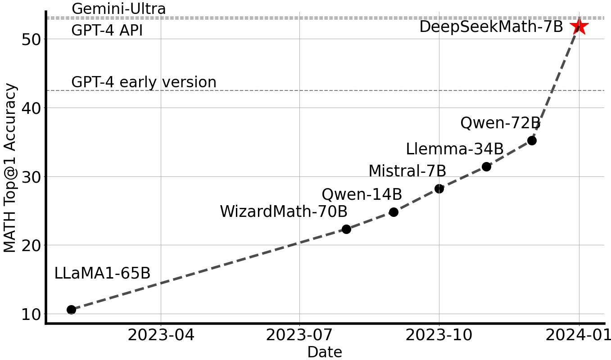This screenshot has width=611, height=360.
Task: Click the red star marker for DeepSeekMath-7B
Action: pos(579,27)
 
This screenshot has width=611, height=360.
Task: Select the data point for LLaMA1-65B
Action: pos(71,310)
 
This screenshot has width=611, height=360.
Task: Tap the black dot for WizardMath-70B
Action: pos(346,229)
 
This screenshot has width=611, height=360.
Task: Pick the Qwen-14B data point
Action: pos(394,212)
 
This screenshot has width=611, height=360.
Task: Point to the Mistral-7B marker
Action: pos(439,189)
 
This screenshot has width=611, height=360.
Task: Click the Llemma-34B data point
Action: pos(486,166)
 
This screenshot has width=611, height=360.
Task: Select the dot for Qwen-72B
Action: pos(532,140)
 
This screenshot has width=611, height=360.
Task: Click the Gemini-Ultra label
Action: pos(118,9)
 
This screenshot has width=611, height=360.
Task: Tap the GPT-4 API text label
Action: pos(107,31)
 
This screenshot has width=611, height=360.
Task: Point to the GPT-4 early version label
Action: pos(144,82)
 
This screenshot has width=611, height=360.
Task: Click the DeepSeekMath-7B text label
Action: pos(491,27)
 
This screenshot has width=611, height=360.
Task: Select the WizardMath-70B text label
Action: pos(283,211)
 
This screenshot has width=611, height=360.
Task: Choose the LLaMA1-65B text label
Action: pos(102,274)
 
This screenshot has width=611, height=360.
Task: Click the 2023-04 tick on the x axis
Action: pos(161,335)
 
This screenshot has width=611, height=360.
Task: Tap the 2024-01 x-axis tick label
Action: pos(579,335)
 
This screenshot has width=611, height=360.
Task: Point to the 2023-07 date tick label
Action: pos(299,335)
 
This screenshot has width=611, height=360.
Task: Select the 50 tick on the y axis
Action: pos(32,39)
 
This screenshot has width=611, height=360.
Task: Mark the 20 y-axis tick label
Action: pos(32,245)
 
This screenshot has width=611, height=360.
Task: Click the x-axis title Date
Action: pos(324,352)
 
